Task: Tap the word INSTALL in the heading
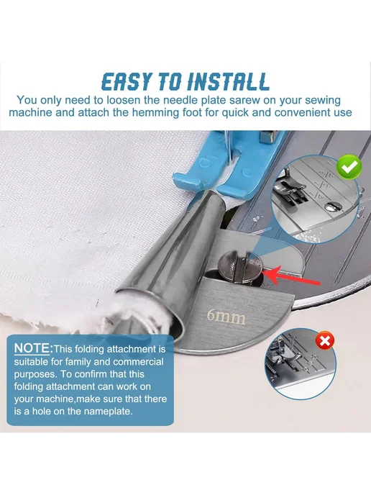(x=228, y=81)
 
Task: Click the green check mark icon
(x=349, y=166)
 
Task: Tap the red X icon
(x=325, y=340)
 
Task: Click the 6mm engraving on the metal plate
(x=226, y=317)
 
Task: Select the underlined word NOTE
(x=32, y=348)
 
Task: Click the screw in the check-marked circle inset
(x=333, y=206)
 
